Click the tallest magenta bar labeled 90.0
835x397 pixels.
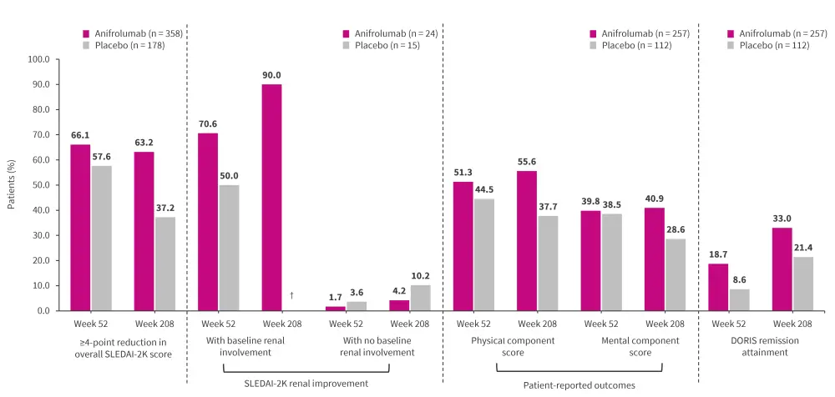pos(271,197)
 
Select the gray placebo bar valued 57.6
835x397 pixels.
pos(102,238)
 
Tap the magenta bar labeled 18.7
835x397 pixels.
pos(718,287)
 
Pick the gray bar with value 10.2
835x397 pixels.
pos(420,298)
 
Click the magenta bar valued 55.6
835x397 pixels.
pos(527,240)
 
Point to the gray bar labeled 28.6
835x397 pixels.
pos(676,274)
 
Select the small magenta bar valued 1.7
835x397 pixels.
pos(335,308)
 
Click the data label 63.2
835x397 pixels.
pos(144,143)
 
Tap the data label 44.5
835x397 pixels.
pos(483,189)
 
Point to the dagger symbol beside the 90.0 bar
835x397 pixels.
pos(291,295)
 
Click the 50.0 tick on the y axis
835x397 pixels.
pos(38,185)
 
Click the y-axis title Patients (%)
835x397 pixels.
pos(12,185)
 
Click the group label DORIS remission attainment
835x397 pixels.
pos(750,346)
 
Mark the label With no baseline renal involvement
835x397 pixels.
pos(377,346)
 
